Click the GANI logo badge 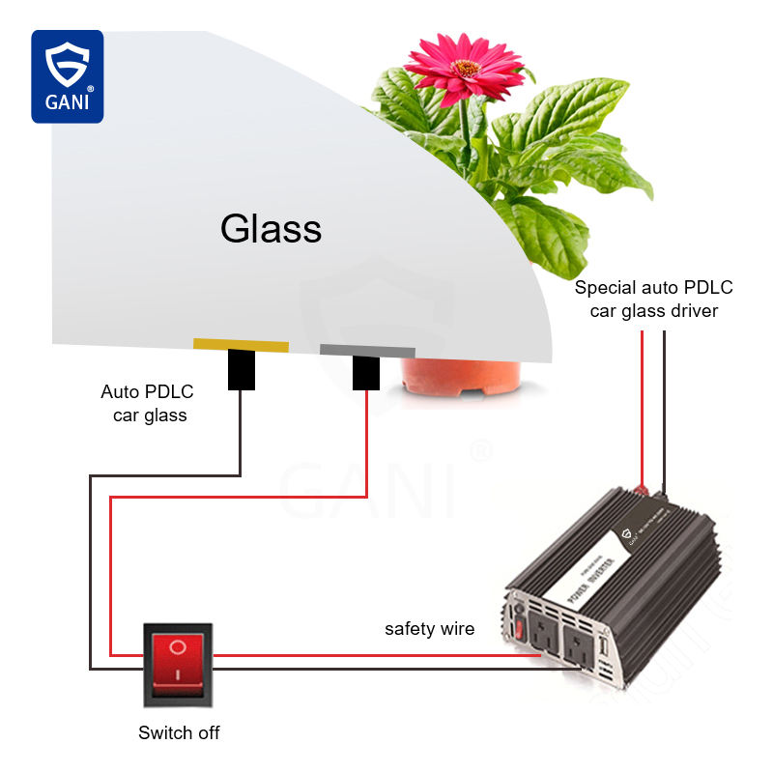pos(67,76)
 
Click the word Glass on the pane pos(271,229)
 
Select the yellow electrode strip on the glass pos(241,345)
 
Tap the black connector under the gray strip pos(366,373)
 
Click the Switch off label pos(179,732)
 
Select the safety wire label pos(430,629)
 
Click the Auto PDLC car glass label pos(148,404)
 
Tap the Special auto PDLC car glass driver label pos(654,299)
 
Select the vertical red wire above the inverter pos(642,406)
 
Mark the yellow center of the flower pos(467,69)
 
